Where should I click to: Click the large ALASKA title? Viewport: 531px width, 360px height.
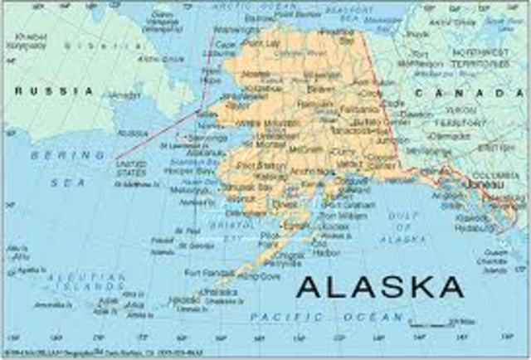click(x=380, y=286)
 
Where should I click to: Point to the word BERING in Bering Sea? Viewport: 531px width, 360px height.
click(x=56, y=155)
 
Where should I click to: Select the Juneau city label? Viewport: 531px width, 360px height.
click(x=481, y=177)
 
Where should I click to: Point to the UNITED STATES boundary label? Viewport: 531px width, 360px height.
click(x=130, y=168)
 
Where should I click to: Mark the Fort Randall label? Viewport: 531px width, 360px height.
click(x=205, y=272)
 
